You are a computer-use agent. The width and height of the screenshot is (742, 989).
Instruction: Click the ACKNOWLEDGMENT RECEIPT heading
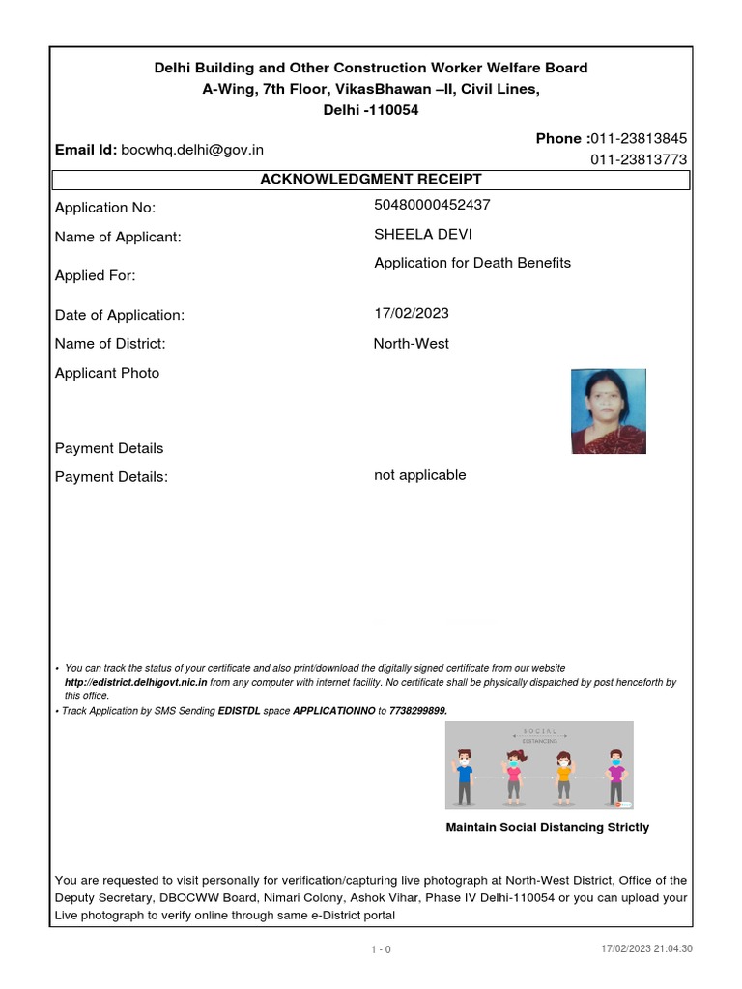pos(371,180)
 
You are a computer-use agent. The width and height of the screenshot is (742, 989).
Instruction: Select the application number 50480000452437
pos(432,205)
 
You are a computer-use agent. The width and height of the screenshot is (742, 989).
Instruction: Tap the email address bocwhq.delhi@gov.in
pos(192,150)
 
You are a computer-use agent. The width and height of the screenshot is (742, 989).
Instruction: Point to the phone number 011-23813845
pos(639,139)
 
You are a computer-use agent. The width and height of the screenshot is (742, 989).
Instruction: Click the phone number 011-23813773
pos(639,160)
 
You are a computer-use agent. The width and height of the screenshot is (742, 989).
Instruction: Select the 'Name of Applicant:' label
pos(118,238)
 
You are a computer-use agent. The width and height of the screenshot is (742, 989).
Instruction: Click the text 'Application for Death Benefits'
pos(472,263)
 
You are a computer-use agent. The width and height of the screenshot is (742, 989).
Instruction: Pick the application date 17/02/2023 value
pos(411,313)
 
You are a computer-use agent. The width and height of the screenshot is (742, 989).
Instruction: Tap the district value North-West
pos(411,343)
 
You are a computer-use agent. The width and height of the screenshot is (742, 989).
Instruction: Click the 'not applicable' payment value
pos(419,475)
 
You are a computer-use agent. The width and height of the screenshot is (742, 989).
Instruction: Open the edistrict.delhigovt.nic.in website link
pos(135,682)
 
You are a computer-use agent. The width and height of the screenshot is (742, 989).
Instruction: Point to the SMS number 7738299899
pos(417,710)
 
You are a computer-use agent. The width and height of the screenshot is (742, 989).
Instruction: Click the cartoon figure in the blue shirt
pos(465,776)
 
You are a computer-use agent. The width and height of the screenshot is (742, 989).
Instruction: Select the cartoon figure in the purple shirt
pos(615,776)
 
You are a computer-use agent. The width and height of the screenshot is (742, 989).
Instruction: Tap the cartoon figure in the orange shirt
pos(564,776)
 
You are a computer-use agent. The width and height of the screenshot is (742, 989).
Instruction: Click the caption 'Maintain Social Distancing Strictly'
pos(547,828)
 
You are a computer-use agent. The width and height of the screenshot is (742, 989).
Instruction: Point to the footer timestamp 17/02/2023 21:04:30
pos(646,949)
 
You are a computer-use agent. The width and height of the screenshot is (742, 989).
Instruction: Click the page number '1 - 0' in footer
pos(381,949)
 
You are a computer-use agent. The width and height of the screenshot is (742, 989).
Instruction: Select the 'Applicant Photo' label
pos(107,374)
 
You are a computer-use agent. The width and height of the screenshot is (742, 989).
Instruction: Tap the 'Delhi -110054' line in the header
pos(371,111)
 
